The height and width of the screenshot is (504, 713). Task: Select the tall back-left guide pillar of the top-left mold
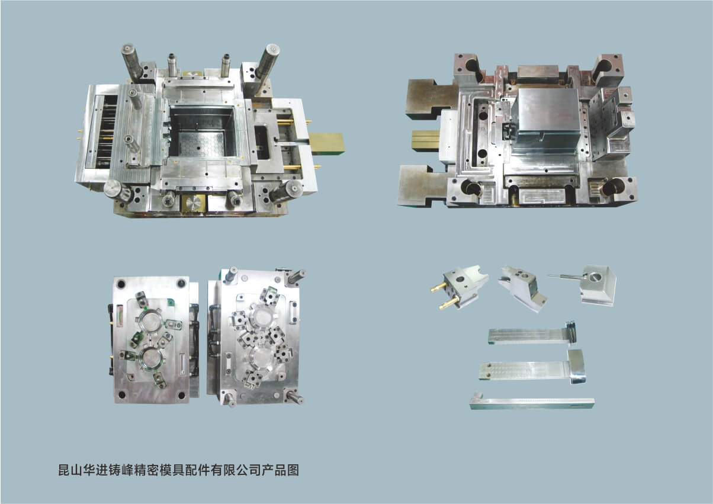tap(131, 61)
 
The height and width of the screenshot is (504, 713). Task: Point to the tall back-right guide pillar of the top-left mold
tap(267, 60)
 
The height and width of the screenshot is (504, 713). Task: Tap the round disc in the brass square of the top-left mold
tap(193, 203)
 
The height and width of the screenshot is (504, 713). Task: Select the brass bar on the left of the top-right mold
tap(426, 140)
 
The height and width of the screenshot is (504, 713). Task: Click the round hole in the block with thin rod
tap(595, 277)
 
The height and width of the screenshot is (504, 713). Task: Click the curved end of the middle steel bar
tap(576, 366)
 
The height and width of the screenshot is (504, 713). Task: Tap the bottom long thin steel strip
tap(532, 403)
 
